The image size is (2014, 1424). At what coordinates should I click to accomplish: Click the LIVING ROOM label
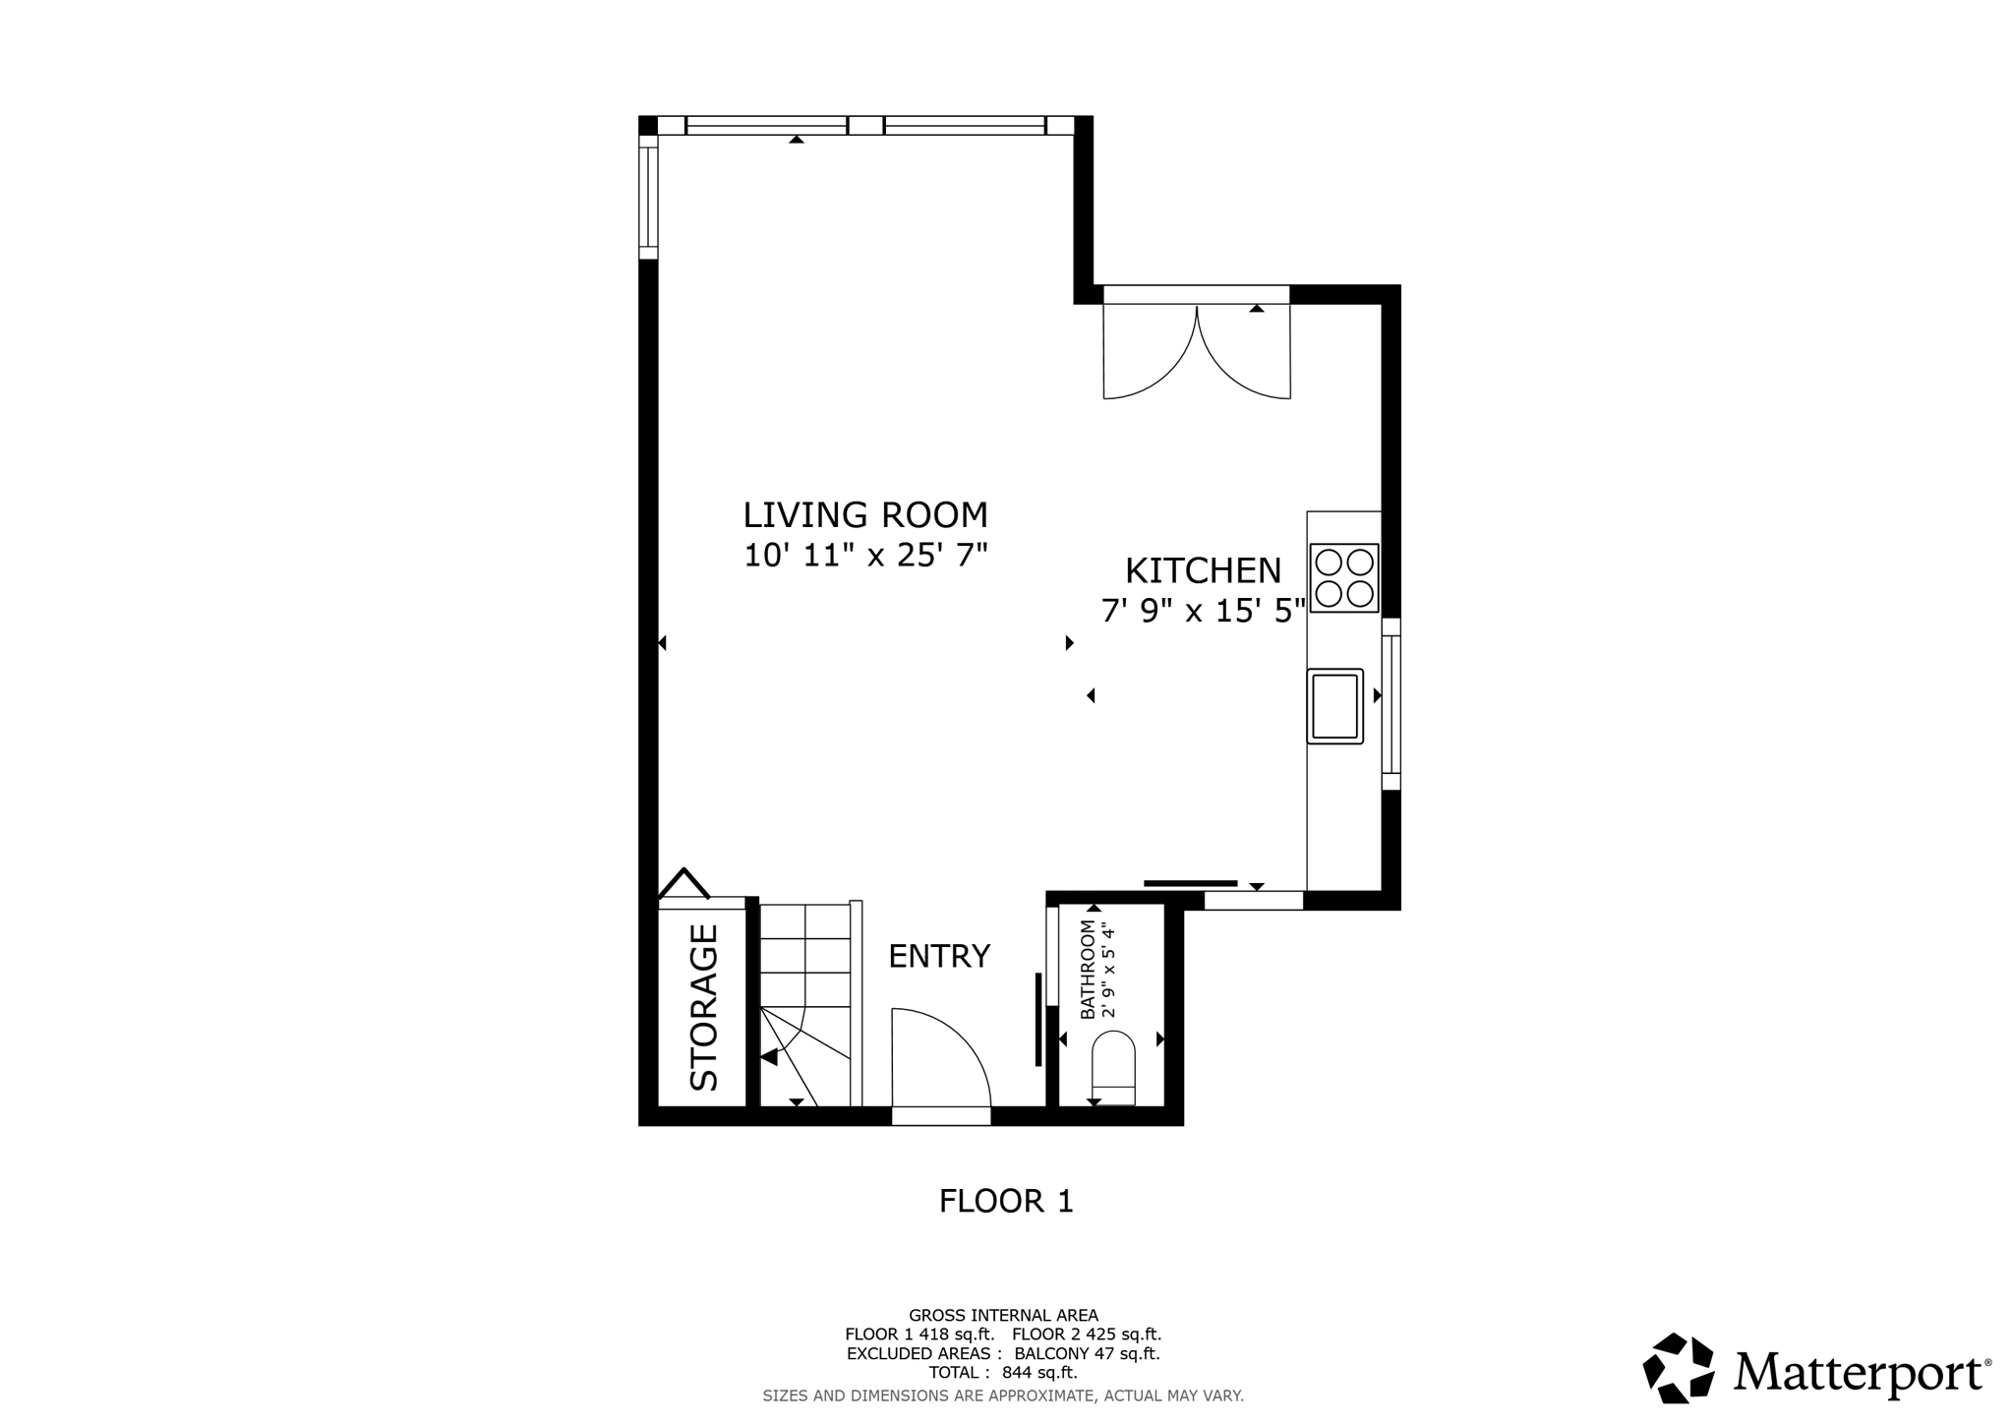tap(864, 515)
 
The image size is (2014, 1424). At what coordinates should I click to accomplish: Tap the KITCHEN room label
tap(1203, 570)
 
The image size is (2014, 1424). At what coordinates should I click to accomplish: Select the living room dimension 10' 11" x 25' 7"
tap(864, 556)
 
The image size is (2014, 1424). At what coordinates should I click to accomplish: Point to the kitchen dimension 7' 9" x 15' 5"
tap(1203, 612)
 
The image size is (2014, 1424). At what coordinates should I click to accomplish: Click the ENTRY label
tap(938, 956)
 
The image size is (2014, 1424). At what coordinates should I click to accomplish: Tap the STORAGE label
tap(704, 1007)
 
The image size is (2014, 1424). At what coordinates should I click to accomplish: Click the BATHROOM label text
tap(1088, 970)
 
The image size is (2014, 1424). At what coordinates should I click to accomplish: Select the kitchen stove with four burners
tap(1343, 578)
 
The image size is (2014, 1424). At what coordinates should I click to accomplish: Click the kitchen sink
tap(1334, 706)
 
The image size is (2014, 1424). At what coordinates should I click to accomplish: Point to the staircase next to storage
tap(804, 1003)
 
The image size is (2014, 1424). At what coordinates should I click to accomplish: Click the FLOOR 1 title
tap(1005, 1201)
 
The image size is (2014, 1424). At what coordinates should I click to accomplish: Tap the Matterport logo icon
tap(1679, 1368)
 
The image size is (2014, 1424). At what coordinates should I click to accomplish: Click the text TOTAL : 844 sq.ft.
tap(1002, 1373)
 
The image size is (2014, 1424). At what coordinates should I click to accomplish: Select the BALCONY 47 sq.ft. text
tap(1087, 1353)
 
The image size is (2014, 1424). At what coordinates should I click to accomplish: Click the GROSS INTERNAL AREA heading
tap(1002, 1315)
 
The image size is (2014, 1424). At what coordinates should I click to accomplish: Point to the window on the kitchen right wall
tap(1391, 704)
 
